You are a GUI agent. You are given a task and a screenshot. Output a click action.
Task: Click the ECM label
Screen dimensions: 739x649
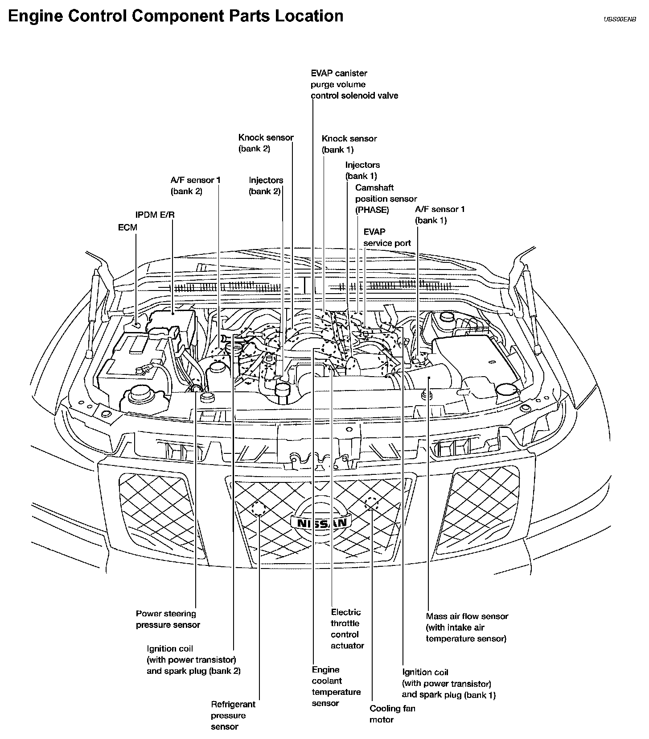[127, 228]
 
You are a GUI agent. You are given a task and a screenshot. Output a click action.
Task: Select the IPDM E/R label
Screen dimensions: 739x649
[155, 215]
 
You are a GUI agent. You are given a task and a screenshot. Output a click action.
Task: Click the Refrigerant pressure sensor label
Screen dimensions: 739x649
[233, 715]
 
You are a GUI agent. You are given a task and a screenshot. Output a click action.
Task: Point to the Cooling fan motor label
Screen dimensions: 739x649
[392, 714]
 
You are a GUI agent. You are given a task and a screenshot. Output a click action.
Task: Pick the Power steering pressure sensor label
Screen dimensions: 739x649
[168, 619]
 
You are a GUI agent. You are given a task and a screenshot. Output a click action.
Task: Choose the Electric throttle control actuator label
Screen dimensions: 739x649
[347, 629]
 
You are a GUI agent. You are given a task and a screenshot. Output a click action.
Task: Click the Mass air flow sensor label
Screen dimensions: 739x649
[467, 627]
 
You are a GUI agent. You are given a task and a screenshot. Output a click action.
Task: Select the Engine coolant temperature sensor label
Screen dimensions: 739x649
[336, 686]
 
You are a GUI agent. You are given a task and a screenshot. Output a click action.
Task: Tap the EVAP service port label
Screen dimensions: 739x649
[387, 237]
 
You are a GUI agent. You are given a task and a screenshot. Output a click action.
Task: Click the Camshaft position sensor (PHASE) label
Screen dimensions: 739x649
[386, 199]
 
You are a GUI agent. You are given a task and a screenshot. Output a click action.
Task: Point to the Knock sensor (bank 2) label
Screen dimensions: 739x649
[266, 143]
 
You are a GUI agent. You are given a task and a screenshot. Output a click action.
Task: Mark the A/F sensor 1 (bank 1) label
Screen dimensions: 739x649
[440, 215]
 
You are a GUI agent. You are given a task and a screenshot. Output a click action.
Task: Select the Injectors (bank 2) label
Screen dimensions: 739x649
[266, 186]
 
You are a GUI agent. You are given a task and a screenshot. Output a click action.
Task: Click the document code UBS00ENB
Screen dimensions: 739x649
[620, 20]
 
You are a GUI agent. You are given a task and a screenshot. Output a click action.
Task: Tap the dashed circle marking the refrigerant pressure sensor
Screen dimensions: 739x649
[259, 508]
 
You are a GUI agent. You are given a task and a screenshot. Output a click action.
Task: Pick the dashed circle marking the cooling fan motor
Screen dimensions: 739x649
[371, 504]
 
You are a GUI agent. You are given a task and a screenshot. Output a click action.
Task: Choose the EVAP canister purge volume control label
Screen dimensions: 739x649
[354, 84]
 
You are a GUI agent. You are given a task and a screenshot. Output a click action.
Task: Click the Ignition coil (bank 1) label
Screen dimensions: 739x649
[448, 683]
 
